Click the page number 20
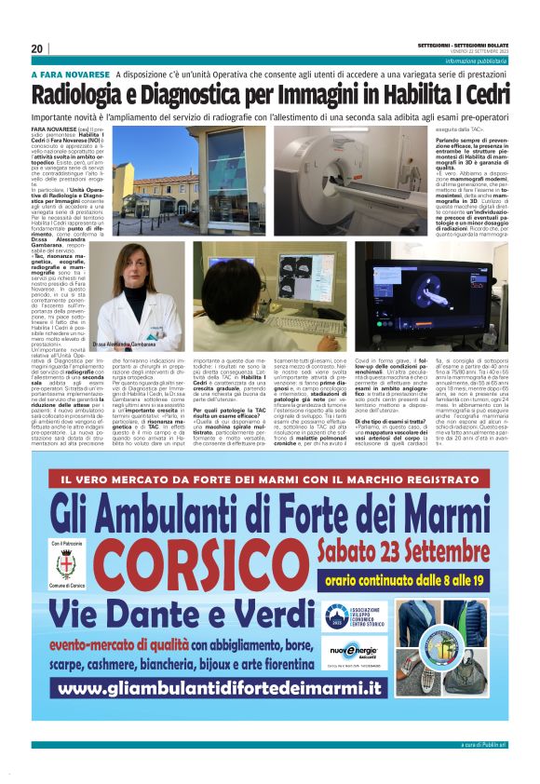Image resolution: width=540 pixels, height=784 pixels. pos(37,48)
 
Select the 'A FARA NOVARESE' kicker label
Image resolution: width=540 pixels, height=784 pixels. pos(71,74)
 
